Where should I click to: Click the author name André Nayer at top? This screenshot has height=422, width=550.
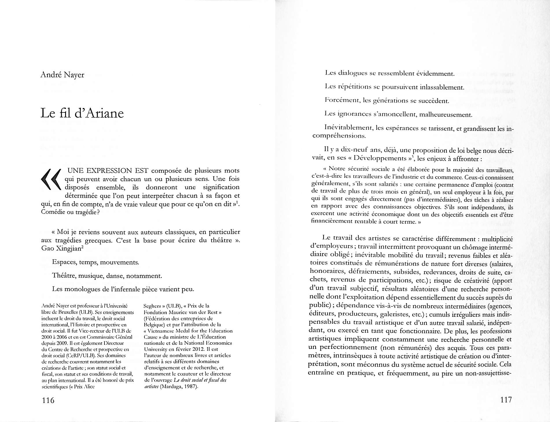[x=62, y=75]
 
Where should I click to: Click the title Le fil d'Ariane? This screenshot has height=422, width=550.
[x=82, y=113]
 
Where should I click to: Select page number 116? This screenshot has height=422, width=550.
[x=48, y=400]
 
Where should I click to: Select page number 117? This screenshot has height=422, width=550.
[x=506, y=400]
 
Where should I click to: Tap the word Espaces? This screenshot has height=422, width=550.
[x=64, y=262]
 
